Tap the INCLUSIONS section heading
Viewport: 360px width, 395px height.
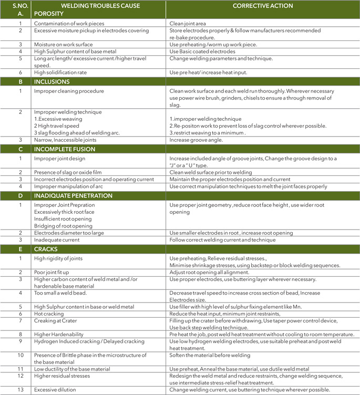pos(52,82)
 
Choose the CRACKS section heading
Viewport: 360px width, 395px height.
pos(47,248)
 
